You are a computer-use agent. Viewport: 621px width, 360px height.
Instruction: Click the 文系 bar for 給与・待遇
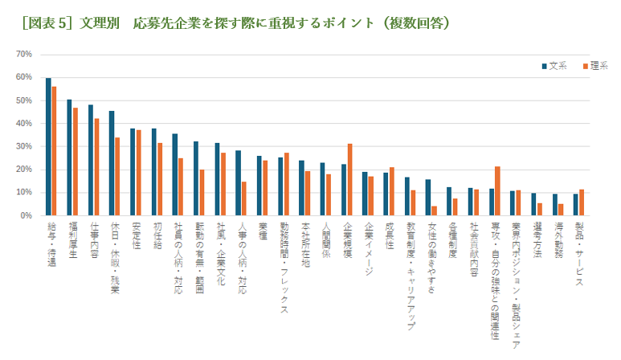(48, 147)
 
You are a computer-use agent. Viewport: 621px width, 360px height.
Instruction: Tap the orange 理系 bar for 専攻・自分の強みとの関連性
(497, 191)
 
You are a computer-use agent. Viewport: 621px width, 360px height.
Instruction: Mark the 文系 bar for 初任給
(153, 172)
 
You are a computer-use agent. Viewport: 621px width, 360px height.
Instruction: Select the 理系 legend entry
(594, 65)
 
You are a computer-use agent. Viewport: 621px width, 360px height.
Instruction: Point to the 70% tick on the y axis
(23, 54)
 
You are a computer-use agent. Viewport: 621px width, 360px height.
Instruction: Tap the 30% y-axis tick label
(23, 146)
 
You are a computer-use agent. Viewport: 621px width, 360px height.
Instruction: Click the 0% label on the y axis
(26, 215)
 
